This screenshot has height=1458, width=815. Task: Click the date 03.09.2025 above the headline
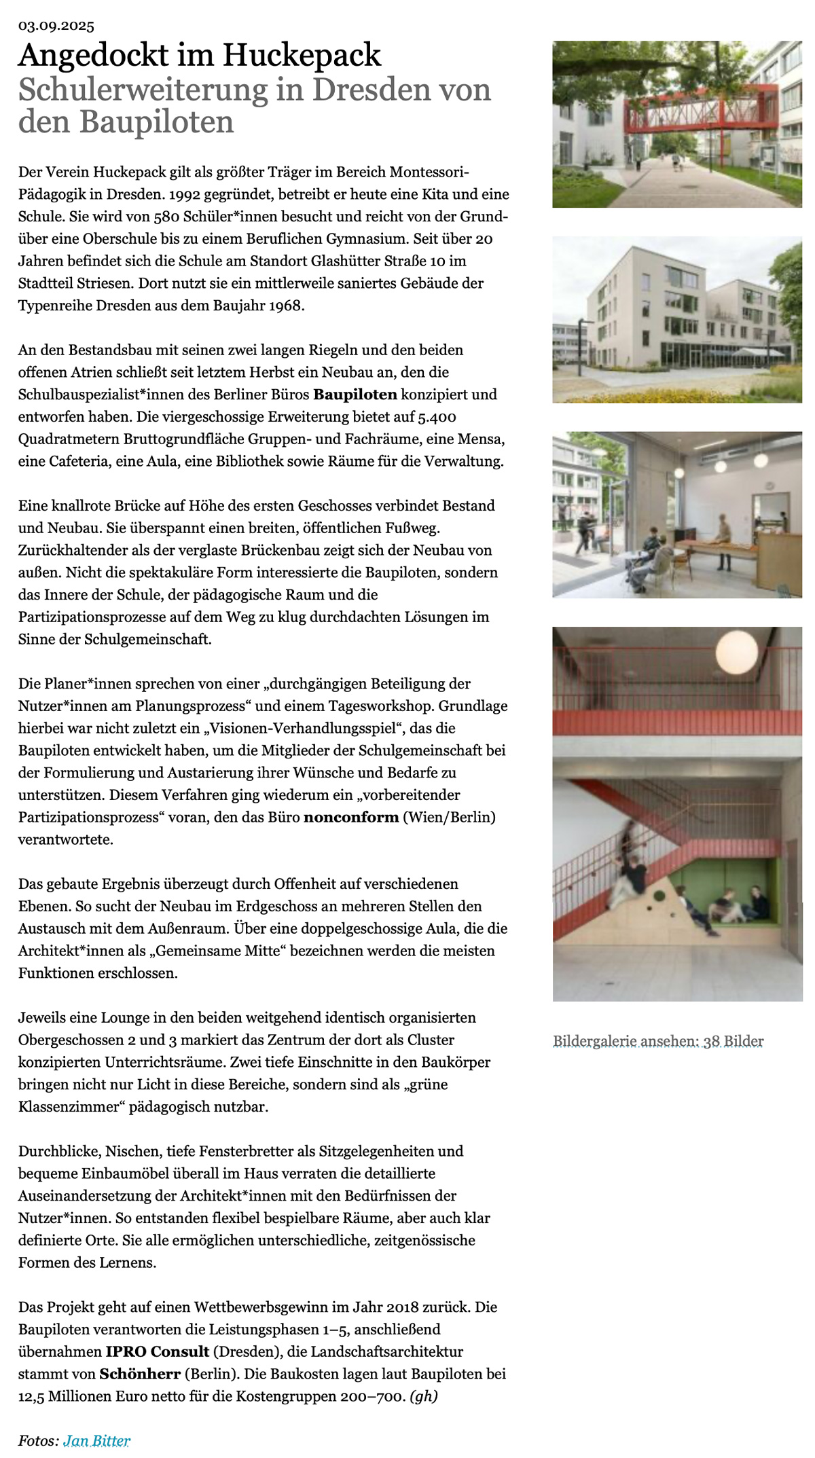[56, 26]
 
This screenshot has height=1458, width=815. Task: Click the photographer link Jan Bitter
[96, 1440]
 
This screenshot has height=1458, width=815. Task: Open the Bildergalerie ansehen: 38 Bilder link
[658, 1041]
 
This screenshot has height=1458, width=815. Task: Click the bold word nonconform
[351, 817]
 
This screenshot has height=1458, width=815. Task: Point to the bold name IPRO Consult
[157, 1351]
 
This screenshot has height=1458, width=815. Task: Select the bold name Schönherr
[140, 1374]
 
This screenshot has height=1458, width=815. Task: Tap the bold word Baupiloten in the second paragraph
[355, 395]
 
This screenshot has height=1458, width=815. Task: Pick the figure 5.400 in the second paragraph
[437, 417]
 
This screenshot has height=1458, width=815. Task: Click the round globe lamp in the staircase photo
[736, 652]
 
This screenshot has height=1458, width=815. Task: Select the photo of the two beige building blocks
[677, 319]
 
